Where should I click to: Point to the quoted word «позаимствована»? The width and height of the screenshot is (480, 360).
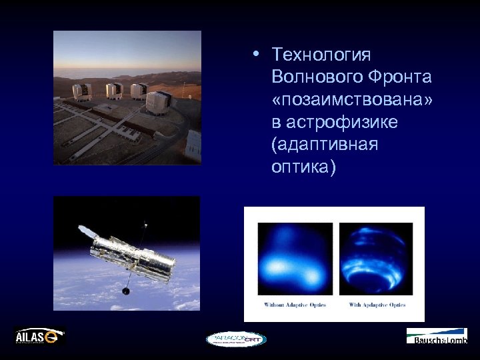(x=352, y=100)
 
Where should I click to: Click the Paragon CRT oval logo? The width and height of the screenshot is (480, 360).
(x=236, y=339)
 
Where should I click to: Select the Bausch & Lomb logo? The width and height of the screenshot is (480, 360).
(x=437, y=337)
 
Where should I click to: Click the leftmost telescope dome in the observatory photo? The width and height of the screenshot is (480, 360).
(x=81, y=91)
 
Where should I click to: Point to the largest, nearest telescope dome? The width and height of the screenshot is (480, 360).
(x=157, y=103)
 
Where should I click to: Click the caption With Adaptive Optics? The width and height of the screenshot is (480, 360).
(x=377, y=305)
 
